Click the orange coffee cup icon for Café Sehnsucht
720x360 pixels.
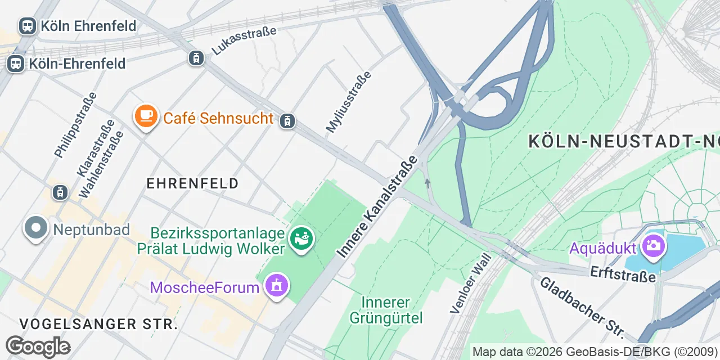[x=146, y=116]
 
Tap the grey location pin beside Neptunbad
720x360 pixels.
[x=37, y=228]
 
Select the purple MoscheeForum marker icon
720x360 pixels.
[x=276, y=286]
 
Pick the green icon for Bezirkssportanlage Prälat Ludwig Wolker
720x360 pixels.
[x=301, y=238]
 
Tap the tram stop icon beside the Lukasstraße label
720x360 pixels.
[x=196, y=57]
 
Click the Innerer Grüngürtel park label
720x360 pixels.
[x=386, y=310]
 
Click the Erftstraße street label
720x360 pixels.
[x=623, y=274]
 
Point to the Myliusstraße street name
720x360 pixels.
[x=349, y=102]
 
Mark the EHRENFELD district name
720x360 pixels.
[x=192, y=183]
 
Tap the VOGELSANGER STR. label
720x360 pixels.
[x=98, y=324]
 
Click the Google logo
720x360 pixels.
[x=37, y=346]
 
